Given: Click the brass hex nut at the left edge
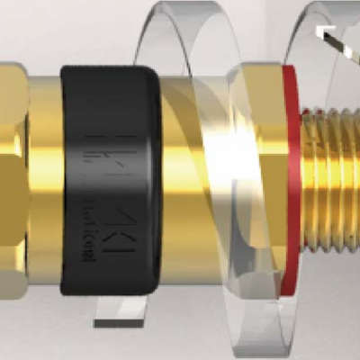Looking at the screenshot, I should pyautogui.click(x=11, y=180).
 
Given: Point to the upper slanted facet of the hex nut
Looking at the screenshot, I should pyautogui.click(x=11, y=90).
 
